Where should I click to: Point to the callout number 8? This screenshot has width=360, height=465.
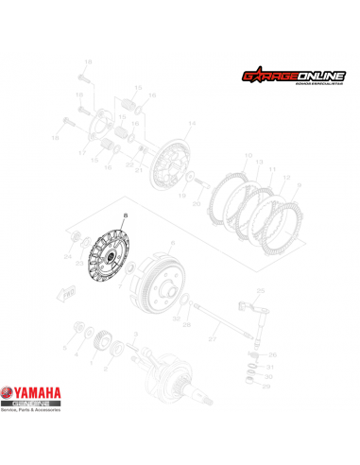click(x=122, y=218)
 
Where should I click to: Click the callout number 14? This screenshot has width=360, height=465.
click(x=192, y=124)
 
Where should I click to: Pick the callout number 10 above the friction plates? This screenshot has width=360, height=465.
click(x=248, y=156)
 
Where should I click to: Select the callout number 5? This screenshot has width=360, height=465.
click(x=65, y=349)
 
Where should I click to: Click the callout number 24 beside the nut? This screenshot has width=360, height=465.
click(x=67, y=255)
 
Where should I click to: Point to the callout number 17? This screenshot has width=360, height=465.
click(x=82, y=153)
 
